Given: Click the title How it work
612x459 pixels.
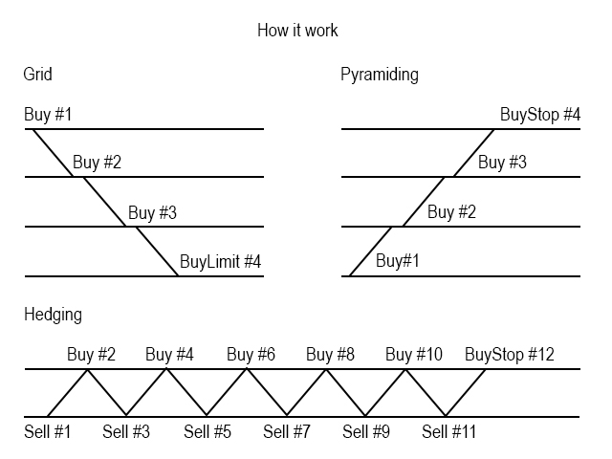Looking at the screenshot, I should click(x=297, y=31).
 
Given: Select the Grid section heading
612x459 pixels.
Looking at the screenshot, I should click(x=37, y=74).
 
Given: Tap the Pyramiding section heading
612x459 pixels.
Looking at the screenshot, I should click(x=379, y=74).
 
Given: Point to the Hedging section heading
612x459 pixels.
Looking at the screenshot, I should click(x=53, y=313).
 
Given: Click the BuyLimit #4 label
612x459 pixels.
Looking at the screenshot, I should click(x=221, y=260).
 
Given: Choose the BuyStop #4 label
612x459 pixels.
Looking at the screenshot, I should click(x=540, y=115).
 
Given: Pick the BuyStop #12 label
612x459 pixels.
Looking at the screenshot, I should click(x=510, y=355).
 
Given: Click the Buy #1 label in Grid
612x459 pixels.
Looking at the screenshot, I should click(x=48, y=115).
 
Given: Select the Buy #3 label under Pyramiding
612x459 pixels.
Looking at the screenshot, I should click(x=502, y=162).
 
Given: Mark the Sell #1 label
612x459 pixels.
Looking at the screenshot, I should click(x=48, y=432).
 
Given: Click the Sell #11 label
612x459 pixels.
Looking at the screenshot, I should click(x=449, y=432).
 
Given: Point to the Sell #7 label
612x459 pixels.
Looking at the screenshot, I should click(x=286, y=432).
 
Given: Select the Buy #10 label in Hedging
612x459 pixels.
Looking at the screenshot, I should click(x=414, y=355).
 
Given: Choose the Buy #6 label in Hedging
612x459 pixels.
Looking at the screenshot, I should click(x=251, y=355).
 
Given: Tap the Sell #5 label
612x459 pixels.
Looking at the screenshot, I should click(x=208, y=432).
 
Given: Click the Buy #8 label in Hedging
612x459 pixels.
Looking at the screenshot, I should click(x=330, y=355).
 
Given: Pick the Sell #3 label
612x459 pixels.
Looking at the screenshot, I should click(x=126, y=432).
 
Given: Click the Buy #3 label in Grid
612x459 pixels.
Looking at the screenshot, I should click(x=153, y=211).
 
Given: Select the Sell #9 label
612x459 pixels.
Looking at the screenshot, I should click(x=366, y=432).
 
